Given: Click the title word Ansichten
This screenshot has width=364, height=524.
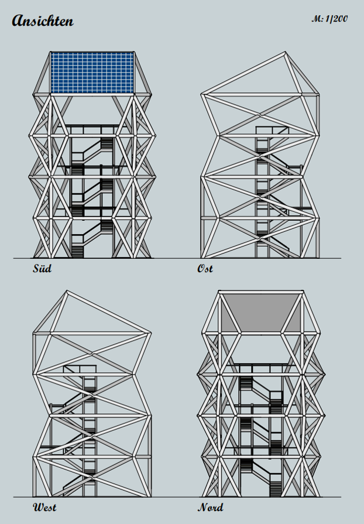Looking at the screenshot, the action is [43, 20].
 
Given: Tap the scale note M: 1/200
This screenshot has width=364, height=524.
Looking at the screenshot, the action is [329, 19].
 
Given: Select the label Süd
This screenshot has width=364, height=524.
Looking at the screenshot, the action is [42, 268].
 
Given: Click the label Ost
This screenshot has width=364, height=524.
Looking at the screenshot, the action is [205, 268].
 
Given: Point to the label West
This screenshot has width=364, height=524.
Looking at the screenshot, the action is [44, 507].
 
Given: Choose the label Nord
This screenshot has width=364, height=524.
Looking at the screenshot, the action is [211, 507].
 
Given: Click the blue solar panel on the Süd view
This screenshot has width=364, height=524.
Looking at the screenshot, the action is [92, 73].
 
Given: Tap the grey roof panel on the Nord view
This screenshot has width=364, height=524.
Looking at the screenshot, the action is [261, 313].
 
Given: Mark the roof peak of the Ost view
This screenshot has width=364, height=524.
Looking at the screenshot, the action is [285, 53].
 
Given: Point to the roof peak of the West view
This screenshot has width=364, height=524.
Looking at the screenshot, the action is [67, 292].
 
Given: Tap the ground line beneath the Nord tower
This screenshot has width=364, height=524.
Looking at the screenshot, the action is [260, 497].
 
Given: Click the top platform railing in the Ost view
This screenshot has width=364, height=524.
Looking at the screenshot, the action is [272, 131].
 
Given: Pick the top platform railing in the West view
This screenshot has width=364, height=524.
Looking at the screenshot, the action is [80, 369].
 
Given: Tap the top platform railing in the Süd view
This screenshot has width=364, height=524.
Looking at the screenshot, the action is [92, 129].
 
